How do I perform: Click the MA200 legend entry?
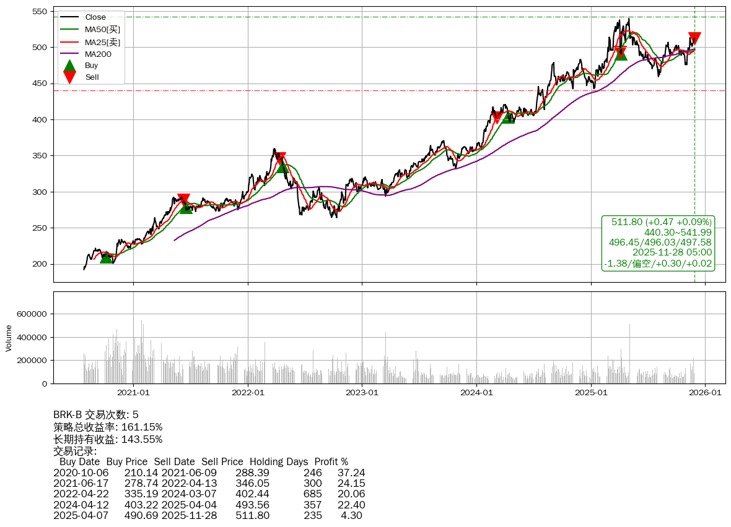(x=98, y=54)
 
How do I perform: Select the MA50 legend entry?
(x=102, y=29)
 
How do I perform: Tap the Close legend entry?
(x=95, y=17)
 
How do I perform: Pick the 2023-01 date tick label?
(x=362, y=392)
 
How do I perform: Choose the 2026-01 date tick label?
(x=705, y=392)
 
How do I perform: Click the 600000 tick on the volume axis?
(x=30, y=314)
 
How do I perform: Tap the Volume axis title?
(x=9, y=338)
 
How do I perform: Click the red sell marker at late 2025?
(x=694, y=38)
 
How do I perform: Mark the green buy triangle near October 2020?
(x=107, y=257)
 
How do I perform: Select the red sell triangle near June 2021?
(x=183, y=199)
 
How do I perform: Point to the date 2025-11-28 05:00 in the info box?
(x=672, y=252)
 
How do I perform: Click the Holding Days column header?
(x=279, y=461)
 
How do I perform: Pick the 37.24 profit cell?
(x=351, y=473)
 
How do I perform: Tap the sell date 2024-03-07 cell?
(x=189, y=494)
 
